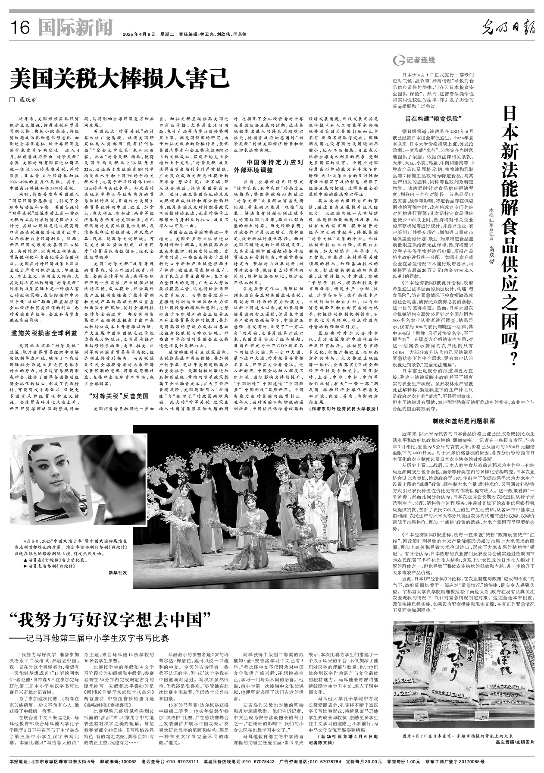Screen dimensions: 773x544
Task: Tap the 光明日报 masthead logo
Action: (x=508, y=28)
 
